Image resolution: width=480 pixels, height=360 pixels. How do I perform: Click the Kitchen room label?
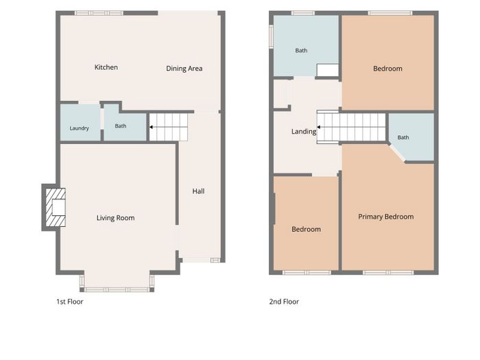pos(106,67)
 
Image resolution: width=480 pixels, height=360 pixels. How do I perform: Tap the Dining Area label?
pos(184,69)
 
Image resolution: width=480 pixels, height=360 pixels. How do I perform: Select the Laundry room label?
pos(80,128)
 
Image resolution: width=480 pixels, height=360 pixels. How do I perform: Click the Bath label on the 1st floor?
pos(120,125)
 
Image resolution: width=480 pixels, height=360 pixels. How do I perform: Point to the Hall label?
pos(198,191)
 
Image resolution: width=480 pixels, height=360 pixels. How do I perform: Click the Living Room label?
pos(115,218)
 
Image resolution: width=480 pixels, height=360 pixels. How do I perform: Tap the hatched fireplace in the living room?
pos(56,207)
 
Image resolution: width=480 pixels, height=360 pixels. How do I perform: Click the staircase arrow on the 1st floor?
pos(152,127)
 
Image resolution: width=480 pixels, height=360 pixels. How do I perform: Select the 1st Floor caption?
pos(70,302)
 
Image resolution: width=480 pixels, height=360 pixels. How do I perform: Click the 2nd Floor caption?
pos(284,302)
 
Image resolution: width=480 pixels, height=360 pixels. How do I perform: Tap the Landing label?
pos(304,132)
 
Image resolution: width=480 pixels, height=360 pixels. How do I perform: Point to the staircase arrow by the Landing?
pos(319,127)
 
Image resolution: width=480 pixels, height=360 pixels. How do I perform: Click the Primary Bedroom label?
pos(385,217)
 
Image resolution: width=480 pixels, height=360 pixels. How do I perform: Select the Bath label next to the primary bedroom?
pos(403,137)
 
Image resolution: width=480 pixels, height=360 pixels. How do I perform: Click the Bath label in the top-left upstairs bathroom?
pos(301,51)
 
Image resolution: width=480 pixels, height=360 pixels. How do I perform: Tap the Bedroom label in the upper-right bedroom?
pos(387,69)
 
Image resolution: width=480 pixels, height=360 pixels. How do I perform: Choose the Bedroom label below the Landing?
pos(306,229)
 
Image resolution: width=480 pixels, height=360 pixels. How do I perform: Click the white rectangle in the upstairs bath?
pos(328,70)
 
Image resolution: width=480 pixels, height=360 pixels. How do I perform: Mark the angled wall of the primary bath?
pos(397,152)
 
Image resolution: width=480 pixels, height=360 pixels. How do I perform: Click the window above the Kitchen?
pos(99,13)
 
